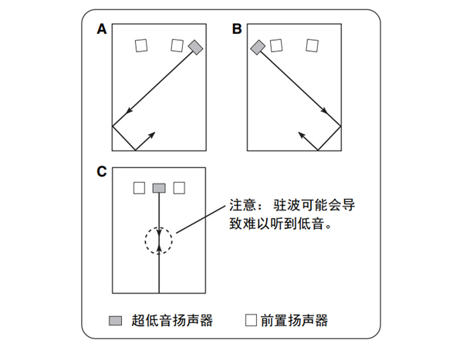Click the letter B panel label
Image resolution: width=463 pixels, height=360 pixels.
[237, 30]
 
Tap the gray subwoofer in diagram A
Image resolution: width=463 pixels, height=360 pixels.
[196, 48]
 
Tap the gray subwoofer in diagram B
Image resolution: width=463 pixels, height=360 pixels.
[258, 48]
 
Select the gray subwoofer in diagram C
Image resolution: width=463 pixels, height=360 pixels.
[159, 188]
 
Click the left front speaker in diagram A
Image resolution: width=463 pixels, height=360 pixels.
[140, 45]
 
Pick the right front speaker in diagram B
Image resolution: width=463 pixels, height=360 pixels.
[313, 45]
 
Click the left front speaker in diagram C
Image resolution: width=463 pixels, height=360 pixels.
[139, 187]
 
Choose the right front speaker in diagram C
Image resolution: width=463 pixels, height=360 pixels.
[179, 187]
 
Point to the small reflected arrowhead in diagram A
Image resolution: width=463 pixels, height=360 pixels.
[151, 134]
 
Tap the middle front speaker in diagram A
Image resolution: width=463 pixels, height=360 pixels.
[177, 45]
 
